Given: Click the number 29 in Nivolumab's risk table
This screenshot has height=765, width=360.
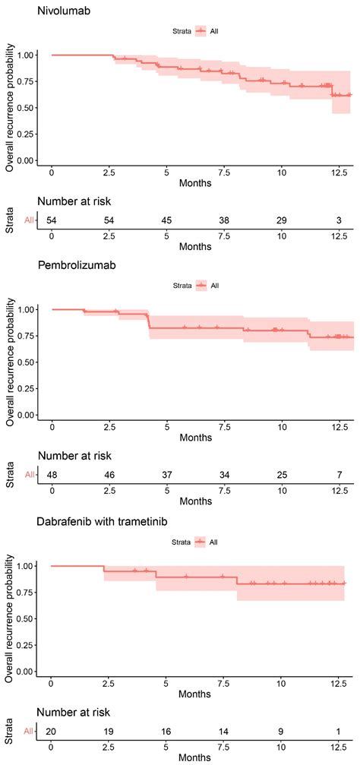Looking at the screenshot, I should tap(281, 220).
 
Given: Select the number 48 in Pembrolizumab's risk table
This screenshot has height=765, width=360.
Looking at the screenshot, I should tap(52, 474).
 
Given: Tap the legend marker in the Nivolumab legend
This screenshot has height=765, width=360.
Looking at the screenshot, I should tap(201, 31).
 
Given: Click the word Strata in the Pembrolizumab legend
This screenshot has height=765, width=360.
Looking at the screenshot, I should tap(179, 286).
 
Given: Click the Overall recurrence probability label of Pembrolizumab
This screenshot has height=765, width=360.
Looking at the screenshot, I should tap(10, 361).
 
